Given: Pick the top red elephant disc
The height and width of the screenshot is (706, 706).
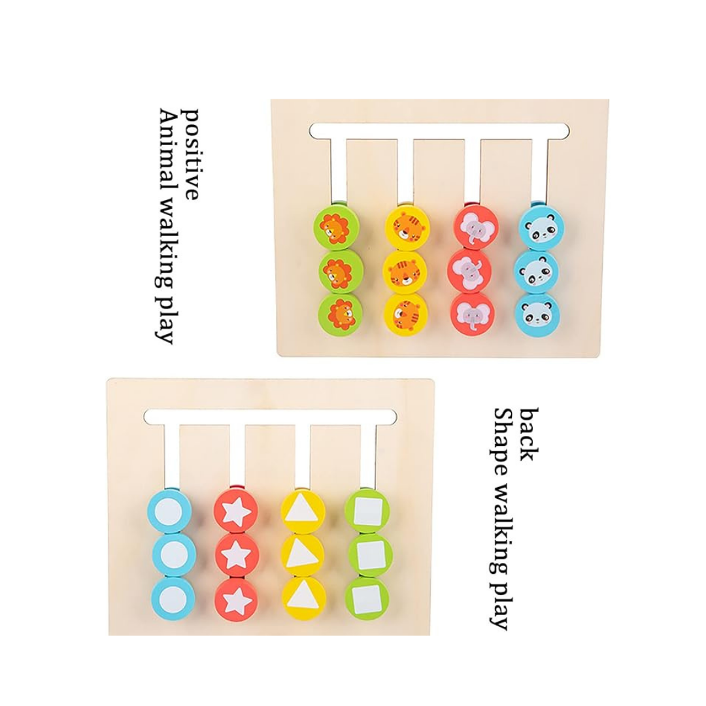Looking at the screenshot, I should click(x=476, y=226).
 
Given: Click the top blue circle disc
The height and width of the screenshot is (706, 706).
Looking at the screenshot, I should click(x=174, y=512).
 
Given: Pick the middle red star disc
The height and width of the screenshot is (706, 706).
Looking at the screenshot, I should click(x=236, y=555).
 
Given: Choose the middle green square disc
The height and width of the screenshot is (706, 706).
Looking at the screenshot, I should click(x=367, y=554).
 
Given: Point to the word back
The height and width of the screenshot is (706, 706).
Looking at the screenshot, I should click(x=529, y=435).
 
